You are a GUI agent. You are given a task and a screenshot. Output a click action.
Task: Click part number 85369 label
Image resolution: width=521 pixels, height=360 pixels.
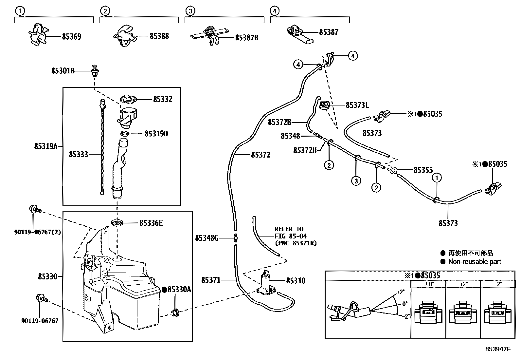[71, 37]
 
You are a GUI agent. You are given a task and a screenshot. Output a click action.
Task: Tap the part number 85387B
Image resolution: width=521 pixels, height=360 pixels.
[246, 38]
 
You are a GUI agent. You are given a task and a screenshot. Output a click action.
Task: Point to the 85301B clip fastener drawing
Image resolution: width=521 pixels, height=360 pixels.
[96, 70]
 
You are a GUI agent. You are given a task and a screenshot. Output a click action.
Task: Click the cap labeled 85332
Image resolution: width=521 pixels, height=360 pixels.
[128, 99]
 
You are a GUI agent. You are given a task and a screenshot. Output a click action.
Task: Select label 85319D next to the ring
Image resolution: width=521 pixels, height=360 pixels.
[156, 134]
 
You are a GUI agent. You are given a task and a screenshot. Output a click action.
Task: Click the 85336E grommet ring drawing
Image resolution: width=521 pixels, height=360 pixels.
[117, 223]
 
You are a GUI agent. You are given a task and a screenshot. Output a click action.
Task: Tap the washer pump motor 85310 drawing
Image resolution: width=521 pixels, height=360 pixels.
[267, 282]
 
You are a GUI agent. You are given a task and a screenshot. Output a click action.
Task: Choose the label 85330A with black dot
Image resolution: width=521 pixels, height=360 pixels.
[176, 290]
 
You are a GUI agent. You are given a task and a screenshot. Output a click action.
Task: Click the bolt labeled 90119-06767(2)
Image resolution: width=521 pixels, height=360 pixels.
[35, 209]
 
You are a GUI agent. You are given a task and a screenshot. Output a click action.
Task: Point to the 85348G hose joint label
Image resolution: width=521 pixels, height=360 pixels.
[207, 238]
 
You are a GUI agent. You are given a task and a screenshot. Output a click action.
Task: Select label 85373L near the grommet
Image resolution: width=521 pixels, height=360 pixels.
[357, 105]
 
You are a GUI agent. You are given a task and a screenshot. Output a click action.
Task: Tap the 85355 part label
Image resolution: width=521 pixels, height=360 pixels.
[423, 170]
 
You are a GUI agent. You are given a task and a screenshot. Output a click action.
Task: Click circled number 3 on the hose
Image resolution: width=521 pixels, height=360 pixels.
[356, 180]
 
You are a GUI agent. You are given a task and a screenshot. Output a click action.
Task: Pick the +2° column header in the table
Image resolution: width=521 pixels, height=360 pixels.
[463, 284]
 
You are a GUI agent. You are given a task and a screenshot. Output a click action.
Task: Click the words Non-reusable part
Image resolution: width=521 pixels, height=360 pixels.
[474, 261]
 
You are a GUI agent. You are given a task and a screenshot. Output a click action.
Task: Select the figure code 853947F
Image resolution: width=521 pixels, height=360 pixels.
[497, 349]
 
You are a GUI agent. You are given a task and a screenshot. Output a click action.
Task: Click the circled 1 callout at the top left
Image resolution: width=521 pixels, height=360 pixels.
[20, 11]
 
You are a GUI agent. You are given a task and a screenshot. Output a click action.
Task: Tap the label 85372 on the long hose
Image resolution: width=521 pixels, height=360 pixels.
[260, 155]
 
